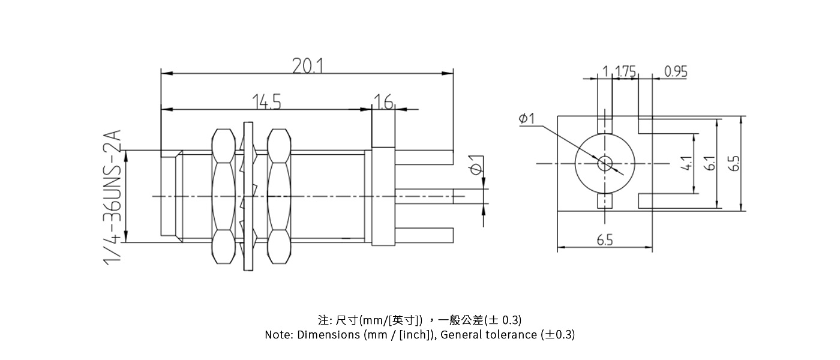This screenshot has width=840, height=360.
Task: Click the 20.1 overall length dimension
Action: [307, 66]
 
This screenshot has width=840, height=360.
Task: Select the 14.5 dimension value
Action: [266, 101]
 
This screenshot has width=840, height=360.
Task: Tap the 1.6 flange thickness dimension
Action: [383, 101]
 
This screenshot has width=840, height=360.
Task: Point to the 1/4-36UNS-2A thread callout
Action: [113, 197]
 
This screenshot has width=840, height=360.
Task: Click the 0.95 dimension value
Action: [676, 71]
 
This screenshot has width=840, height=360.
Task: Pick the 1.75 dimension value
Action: [625, 71]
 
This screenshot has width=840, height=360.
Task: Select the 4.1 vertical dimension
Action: [686, 163]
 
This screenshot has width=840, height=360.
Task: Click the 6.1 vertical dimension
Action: [710, 163]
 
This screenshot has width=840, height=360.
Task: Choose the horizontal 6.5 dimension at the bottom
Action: [605, 239]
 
